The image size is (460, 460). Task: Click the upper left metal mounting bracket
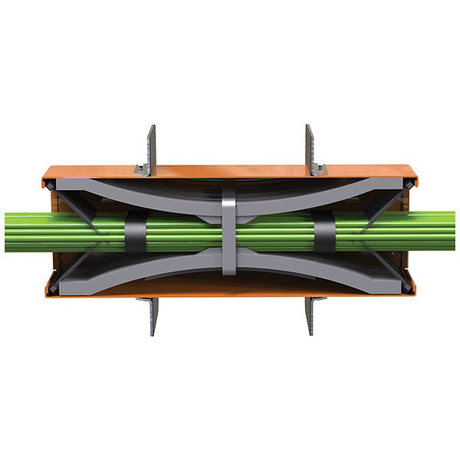149,149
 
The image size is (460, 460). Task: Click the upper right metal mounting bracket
310,149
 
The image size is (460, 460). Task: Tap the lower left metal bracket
153,313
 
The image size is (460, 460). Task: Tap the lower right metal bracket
310,313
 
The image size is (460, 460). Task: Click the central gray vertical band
229,230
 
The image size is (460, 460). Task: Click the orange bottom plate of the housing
230,291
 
